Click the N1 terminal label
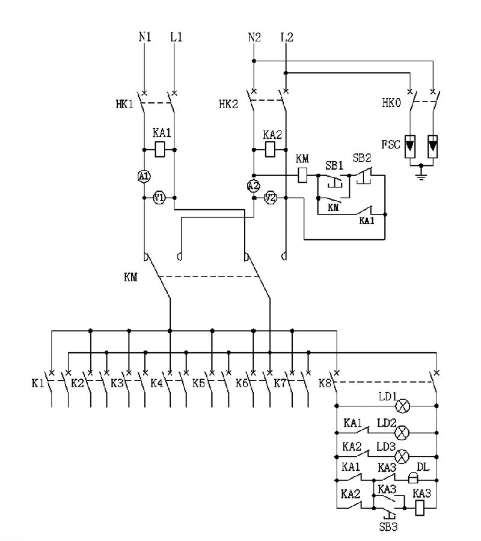(x=145, y=37)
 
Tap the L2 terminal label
(x=287, y=37)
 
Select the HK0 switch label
(x=392, y=102)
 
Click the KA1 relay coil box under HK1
(x=159, y=148)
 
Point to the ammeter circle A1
(x=144, y=176)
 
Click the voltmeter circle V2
(x=271, y=198)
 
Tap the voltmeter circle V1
(x=159, y=198)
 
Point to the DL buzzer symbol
(x=414, y=478)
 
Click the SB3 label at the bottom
(x=388, y=527)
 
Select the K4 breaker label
(x=157, y=383)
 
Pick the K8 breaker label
(x=325, y=383)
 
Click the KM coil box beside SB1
(x=304, y=175)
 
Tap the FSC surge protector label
(x=393, y=145)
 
